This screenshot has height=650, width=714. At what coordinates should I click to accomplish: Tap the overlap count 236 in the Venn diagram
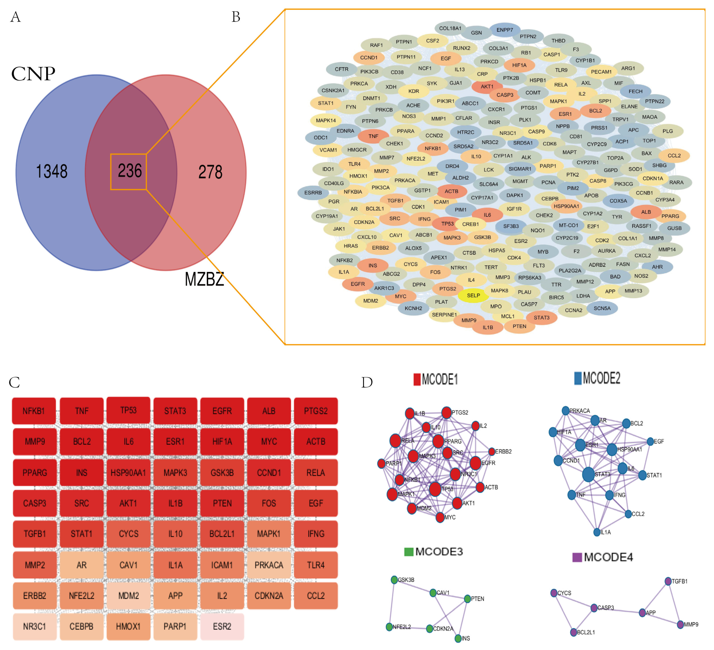(130, 171)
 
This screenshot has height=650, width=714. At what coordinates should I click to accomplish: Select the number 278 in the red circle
(210, 172)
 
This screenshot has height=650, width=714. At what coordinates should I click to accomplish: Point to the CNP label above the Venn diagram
(33, 74)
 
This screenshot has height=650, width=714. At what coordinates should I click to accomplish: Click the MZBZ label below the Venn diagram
(204, 279)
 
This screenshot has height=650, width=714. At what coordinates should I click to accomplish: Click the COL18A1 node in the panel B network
(450, 28)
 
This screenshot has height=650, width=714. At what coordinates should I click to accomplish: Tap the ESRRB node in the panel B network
(313, 193)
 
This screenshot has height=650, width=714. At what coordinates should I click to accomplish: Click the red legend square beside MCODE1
(417, 379)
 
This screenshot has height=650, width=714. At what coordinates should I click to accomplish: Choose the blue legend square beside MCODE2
(578, 378)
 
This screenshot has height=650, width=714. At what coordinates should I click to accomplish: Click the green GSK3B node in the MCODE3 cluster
(394, 580)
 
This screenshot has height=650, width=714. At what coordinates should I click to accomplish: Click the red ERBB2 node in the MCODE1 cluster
(492, 451)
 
